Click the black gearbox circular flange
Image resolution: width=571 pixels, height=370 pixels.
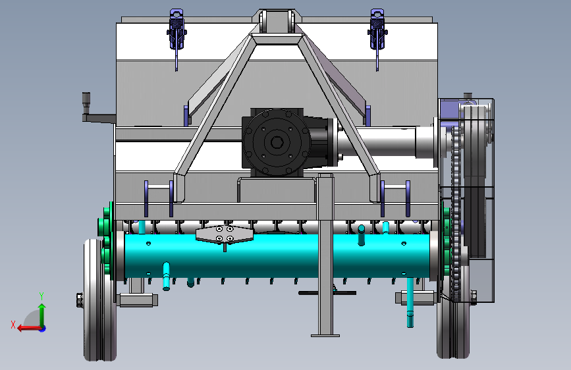tap(277, 142)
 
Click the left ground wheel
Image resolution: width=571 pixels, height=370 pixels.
tap(99, 300)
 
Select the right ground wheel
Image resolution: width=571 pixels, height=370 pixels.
tap(453, 321)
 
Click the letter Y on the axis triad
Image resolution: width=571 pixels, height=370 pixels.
tap(41, 296)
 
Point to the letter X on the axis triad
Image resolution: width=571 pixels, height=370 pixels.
tap(13, 325)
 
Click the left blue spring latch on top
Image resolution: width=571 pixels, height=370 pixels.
tap(177, 30)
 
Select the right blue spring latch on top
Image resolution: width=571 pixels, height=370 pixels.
tap(377, 30)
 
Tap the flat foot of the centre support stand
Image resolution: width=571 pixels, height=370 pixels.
tap(325, 335)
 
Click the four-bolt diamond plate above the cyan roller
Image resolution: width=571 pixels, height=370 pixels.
tap(225, 234)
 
